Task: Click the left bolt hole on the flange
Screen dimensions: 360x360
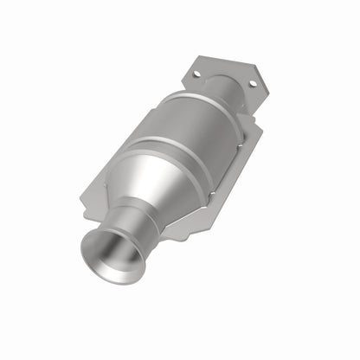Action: [196, 74]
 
